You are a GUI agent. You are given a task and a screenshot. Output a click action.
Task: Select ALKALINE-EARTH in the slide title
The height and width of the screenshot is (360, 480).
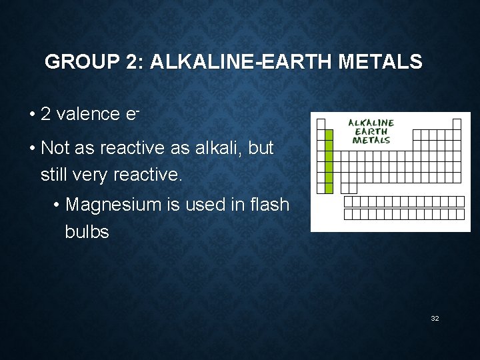pos(242,63)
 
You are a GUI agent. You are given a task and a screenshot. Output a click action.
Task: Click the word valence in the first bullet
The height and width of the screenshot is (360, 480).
pos(89,114)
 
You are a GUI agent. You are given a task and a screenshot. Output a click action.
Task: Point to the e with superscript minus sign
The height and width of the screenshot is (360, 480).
pos(131,113)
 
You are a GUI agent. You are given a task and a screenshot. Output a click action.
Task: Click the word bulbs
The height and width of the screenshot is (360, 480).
pos(87,233)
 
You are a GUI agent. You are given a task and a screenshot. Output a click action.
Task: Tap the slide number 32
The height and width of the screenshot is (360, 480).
pos(435,319)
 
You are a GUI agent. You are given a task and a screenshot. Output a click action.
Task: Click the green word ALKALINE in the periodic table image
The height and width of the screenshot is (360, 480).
pos(371,123)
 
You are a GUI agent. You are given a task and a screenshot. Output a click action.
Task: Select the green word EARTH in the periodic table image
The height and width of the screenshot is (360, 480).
pos(371,132)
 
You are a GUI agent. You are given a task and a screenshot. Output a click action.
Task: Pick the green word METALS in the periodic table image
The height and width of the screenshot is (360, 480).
pos(371,141)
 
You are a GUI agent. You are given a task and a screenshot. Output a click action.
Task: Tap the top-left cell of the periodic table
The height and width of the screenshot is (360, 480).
pos(320,124)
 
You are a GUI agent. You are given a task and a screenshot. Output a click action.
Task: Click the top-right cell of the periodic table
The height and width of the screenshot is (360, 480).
pos(457,124)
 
